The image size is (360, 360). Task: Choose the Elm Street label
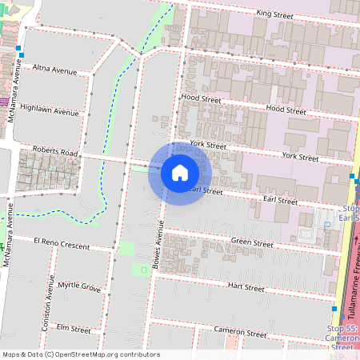(x=74, y=328)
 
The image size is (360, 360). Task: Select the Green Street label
(x=251, y=242)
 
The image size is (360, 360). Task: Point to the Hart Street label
(x=246, y=286)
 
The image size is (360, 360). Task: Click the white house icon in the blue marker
(x=180, y=173)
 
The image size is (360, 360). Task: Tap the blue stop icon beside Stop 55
(x=334, y=308)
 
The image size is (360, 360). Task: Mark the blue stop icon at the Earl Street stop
(x=351, y=175)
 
